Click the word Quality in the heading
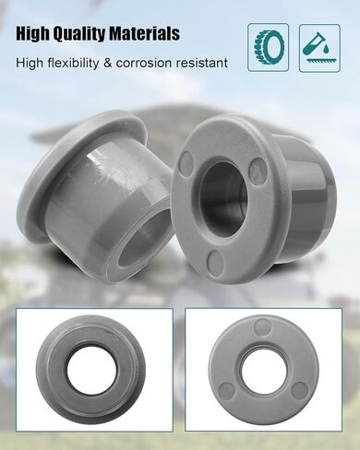78,34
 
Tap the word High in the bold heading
33,34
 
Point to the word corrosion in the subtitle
144,63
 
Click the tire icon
268,48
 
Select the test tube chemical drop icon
319,48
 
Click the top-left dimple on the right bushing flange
186,160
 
